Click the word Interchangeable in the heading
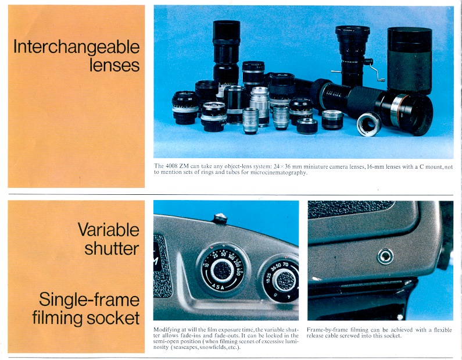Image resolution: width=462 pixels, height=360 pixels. tap(76, 47)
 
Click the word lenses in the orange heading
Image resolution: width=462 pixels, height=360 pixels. tap(114, 65)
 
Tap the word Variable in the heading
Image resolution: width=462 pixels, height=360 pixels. tap(109, 229)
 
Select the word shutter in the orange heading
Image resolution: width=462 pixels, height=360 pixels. tap(112, 248)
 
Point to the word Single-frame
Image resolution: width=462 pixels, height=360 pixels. tap(89, 300)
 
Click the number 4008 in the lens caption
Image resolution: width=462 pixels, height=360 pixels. tap(171, 166)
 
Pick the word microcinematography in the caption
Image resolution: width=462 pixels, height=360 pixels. tap(278, 172)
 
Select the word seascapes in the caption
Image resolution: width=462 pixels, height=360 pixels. tap(185, 347)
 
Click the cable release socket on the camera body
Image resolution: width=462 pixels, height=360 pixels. tap(385, 256)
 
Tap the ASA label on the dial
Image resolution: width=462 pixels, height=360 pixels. tap(219, 287)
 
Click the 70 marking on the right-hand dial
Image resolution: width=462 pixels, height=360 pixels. tap(285, 265)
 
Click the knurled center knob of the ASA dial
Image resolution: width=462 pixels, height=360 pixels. tap(223, 270)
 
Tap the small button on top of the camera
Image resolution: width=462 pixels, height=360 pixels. tap(220, 218)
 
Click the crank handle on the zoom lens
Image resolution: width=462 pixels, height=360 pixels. tap(374, 70)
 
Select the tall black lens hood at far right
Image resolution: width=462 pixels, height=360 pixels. tap(410, 60)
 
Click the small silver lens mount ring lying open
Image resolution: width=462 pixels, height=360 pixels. tap(369, 124)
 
